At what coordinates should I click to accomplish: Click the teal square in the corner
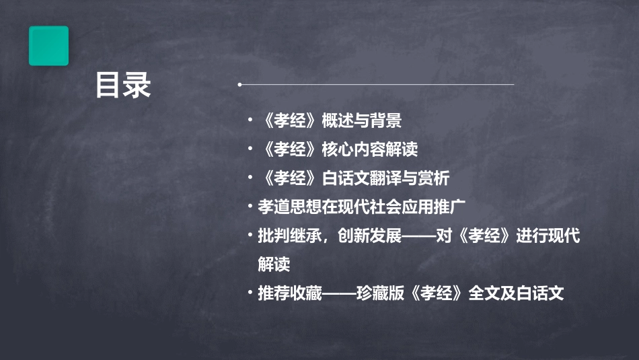(48, 46)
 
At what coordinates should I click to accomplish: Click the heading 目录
(122, 85)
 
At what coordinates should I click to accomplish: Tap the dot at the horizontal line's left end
(239, 85)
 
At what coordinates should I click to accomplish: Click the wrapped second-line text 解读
(274, 264)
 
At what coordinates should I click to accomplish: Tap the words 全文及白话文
(516, 293)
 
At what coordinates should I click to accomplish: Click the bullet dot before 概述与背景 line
(250, 121)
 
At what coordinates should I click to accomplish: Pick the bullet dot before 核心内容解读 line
(250, 149)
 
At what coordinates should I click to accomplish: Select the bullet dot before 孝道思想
(250, 207)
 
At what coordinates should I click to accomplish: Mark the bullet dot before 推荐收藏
(250, 293)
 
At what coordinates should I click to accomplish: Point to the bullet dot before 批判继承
(250, 236)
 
